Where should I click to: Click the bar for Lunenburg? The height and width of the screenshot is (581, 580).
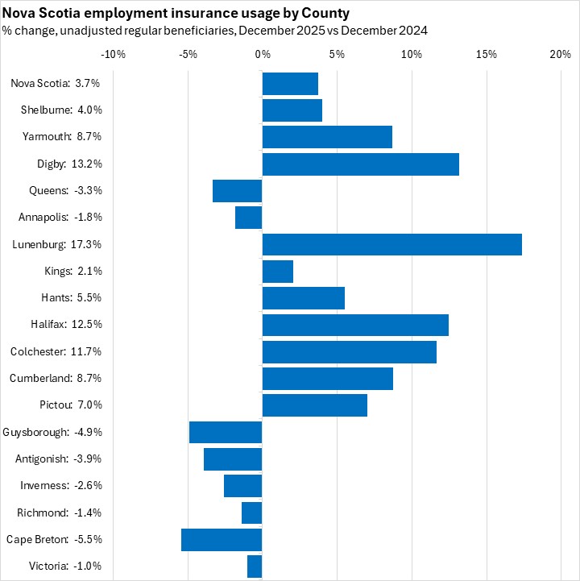391,244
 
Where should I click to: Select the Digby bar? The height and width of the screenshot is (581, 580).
360,164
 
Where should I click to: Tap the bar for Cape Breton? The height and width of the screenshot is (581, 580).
222,540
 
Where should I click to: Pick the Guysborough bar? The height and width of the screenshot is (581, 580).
226,432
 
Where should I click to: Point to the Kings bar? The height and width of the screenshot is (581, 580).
278,271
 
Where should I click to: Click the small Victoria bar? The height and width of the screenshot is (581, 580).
255,566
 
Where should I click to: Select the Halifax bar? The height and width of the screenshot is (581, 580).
355,325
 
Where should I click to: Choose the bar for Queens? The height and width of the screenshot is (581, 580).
238,191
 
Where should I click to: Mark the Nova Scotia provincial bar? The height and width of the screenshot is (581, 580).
290,83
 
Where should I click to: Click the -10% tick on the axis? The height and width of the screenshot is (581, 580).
113,54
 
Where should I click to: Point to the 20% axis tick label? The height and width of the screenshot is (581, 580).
560,54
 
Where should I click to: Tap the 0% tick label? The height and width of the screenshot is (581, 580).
263,54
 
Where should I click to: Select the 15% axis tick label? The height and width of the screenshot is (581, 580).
486,54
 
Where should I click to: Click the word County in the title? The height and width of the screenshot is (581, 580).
326,14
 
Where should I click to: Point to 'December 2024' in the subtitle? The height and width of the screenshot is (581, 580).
386,31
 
